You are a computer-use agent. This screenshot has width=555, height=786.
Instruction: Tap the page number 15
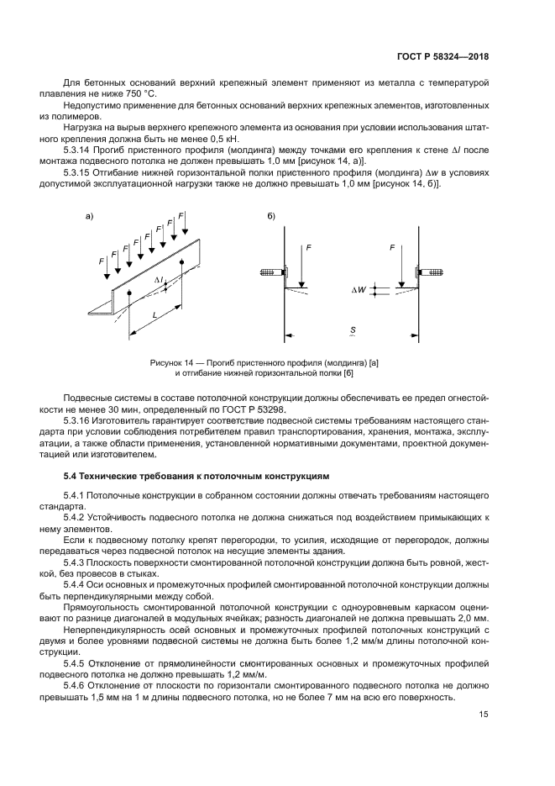pos(484,715)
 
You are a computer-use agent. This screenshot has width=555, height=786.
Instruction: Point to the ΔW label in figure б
pos(359,290)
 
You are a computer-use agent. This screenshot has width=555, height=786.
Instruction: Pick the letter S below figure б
pos(353,330)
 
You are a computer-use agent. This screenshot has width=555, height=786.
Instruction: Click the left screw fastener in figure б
pos(271,272)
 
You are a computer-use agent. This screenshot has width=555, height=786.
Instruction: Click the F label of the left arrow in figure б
pos(309,249)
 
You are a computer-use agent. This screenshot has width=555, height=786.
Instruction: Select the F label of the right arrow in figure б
pos(392,249)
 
